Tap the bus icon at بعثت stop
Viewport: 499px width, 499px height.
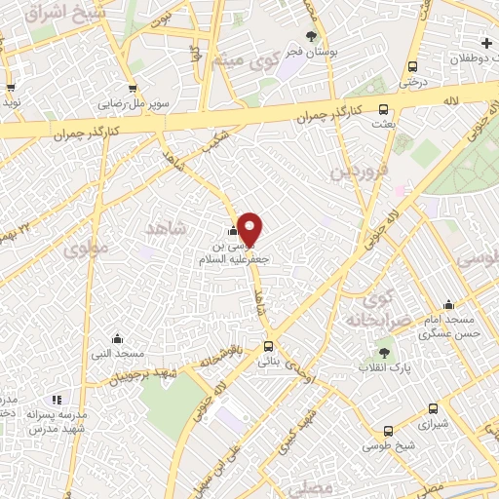pos(383,110)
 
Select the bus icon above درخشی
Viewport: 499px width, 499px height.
pos(413,67)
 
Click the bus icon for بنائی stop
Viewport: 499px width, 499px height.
pos(268,346)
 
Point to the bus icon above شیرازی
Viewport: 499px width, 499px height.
pos(433,409)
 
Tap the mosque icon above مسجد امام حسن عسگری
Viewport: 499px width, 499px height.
pos(447,304)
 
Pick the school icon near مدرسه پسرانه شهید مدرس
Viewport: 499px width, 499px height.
pos(57,400)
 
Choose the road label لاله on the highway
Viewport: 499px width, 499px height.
pos(450,100)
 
